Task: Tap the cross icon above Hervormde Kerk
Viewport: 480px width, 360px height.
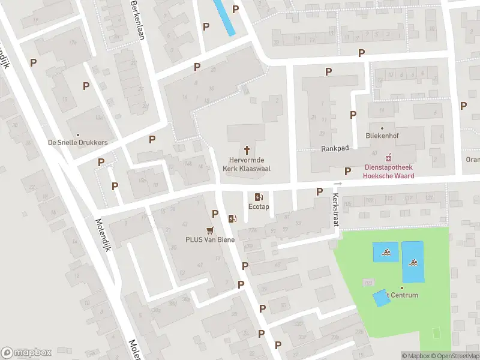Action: click(x=247, y=149)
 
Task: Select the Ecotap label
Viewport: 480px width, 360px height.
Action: click(x=259, y=207)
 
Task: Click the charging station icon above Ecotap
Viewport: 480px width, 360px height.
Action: click(x=259, y=197)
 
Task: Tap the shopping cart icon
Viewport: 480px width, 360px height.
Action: click(x=209, y=229)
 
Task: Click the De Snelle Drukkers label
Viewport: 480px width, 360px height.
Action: click(x=77, y=143)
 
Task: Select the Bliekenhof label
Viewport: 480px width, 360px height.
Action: click(x=382, y=136)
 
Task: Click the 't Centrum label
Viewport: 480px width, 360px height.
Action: click(x=402, y=295)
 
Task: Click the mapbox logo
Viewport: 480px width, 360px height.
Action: click(x=26, y=352)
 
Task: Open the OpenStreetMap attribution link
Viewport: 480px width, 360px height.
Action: click(x=455, y=356)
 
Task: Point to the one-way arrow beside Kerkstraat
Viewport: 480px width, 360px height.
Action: click(x=338, y=184)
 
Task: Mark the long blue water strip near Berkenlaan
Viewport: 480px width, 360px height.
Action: click(x=224, y=16)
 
